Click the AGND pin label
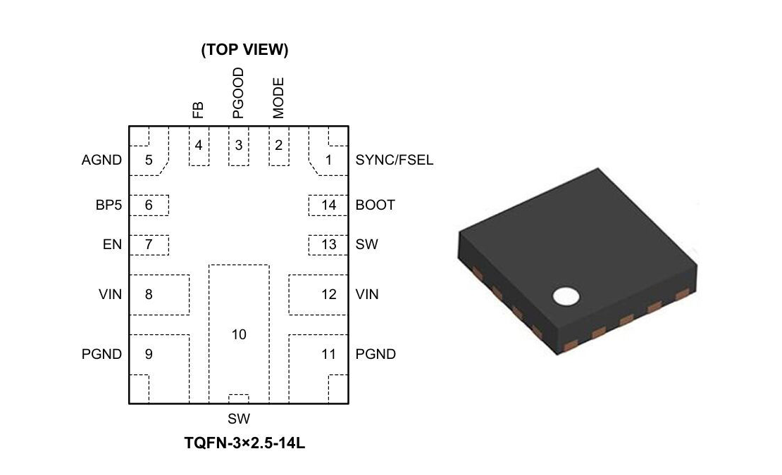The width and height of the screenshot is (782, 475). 101,160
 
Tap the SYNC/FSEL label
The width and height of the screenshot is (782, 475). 394,160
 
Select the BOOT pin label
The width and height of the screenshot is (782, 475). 375,205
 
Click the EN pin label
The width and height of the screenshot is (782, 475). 113,245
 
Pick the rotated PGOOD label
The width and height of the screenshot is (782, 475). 238,93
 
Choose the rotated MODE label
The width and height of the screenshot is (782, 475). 278,98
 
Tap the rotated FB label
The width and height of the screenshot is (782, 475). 198,110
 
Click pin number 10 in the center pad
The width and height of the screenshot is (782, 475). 239,334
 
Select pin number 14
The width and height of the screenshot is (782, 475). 328,205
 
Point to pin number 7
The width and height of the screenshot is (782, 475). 149,245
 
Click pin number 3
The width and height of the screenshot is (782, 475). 239,146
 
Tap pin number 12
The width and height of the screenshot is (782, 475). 328,294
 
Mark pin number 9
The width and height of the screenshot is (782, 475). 149,354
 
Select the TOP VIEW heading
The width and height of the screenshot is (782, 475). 244,50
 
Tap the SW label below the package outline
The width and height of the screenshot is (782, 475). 239,419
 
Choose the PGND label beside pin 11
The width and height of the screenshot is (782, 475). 376,354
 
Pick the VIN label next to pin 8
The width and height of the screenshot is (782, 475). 111,294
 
